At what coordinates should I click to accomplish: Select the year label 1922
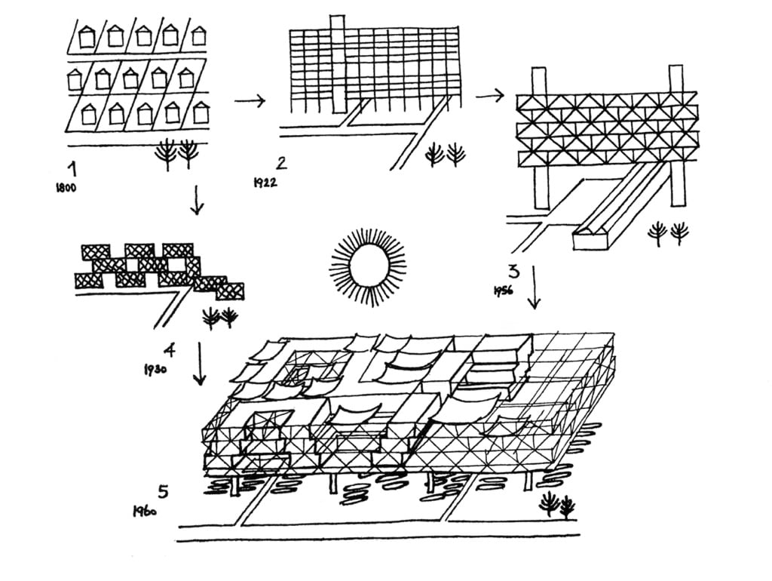coord(265,181)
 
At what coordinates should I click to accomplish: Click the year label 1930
coord(155,370)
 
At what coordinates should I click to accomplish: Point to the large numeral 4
coord(170,349)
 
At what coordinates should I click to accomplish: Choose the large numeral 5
coord(163,491)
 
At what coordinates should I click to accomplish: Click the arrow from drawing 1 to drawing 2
coord(250,100)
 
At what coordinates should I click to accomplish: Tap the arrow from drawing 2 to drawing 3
coord(489,94)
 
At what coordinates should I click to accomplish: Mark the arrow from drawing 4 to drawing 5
coord(200,363)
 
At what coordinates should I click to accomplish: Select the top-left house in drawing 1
coord(87,35)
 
